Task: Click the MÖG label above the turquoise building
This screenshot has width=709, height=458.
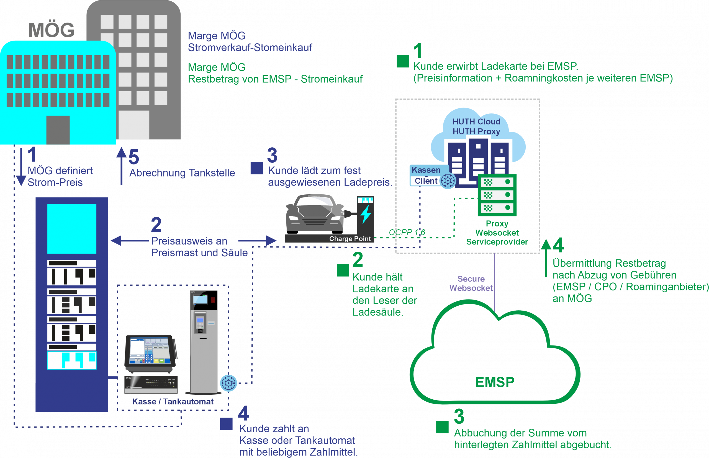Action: point(52,30)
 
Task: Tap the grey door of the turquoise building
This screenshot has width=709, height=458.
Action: point(58,130)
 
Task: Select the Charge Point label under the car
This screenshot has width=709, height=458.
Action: point(350,239)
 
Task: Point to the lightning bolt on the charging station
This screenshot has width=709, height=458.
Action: point(366,214)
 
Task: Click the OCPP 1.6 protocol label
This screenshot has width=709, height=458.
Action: point(407,232)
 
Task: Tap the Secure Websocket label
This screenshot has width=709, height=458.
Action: point(471,283)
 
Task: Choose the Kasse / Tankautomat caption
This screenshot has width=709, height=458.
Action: point(173,402)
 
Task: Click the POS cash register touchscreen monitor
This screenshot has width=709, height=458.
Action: point(150,351)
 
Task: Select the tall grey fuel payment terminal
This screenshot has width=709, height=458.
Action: point(204,342)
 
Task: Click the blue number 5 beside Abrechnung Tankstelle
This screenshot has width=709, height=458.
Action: point(134,157)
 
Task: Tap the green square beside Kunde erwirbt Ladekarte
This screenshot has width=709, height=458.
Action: point(403,61)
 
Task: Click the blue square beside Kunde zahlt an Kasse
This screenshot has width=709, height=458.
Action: point(226,424)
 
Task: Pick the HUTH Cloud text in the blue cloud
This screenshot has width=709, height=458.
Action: point(476,122)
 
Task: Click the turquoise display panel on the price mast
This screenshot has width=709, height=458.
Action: point(72,229)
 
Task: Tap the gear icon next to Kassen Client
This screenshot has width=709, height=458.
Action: point(448,181)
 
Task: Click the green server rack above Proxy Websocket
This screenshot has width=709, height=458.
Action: point(497,195)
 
